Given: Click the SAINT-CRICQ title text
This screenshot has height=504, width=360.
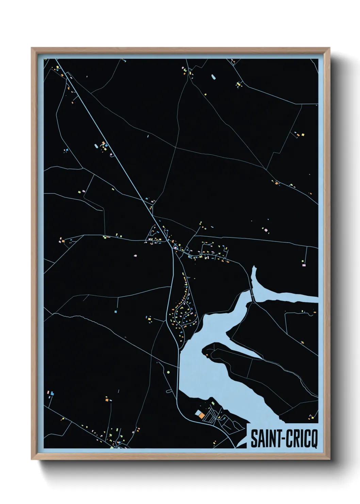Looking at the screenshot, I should coord(284,439).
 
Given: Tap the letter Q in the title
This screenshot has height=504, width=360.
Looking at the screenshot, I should coord(313,439).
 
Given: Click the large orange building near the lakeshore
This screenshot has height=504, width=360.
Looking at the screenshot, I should coord(202,415).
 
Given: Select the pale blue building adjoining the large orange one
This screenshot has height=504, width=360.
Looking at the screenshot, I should coord(198,412).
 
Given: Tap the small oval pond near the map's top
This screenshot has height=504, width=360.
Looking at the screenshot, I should coord(213,77).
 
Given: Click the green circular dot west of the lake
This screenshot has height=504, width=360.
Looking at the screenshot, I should coord(168,372).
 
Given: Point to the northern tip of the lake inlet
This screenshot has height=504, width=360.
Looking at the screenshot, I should coord(253,268).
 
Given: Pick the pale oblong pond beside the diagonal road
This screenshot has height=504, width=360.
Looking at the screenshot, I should coord(96,146).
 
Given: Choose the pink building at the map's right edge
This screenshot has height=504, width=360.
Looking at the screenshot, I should coord(304,264).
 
